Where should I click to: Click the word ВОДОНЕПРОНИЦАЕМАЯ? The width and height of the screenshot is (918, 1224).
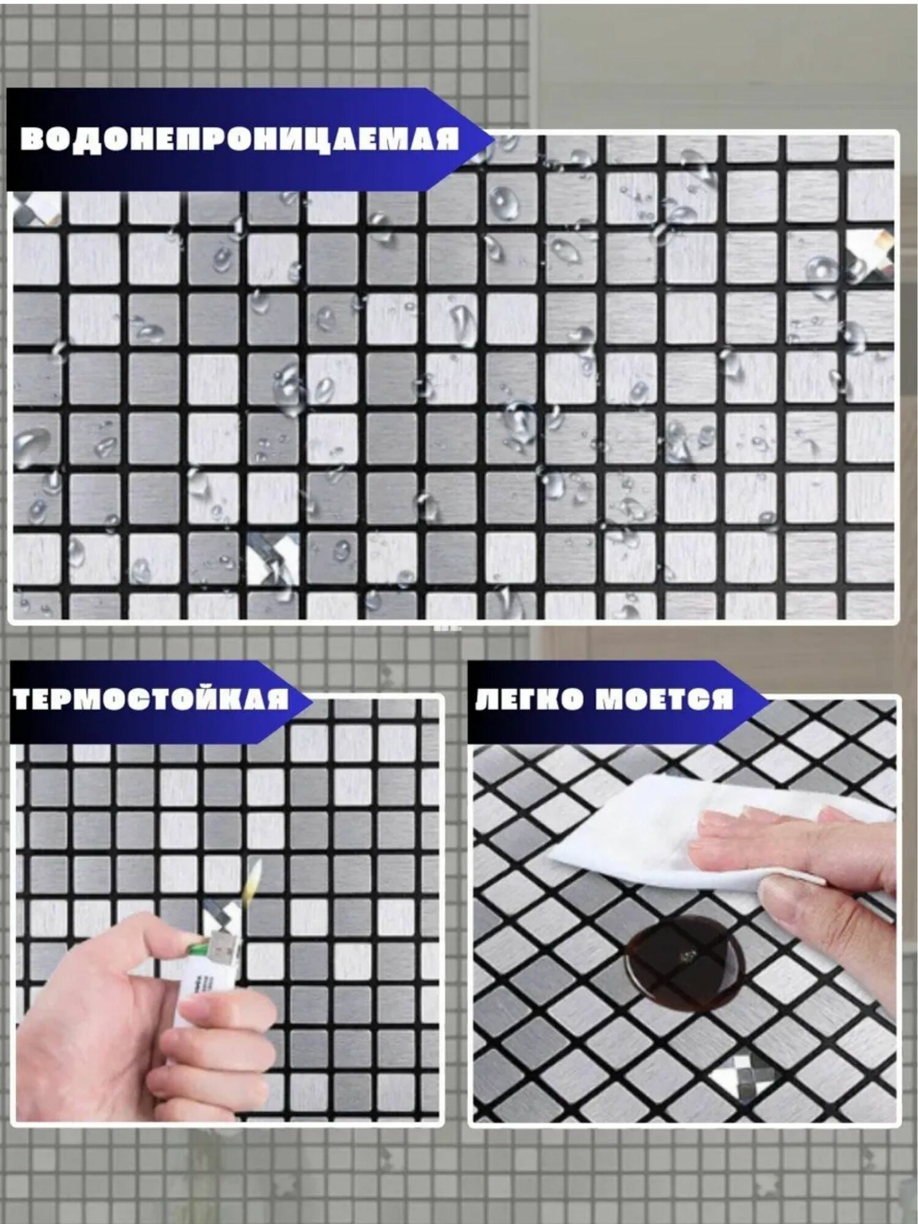click(240, 139)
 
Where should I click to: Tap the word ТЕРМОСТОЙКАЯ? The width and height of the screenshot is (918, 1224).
click(151, 700)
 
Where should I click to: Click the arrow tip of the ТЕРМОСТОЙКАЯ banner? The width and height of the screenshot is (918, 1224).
click(312, 700)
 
